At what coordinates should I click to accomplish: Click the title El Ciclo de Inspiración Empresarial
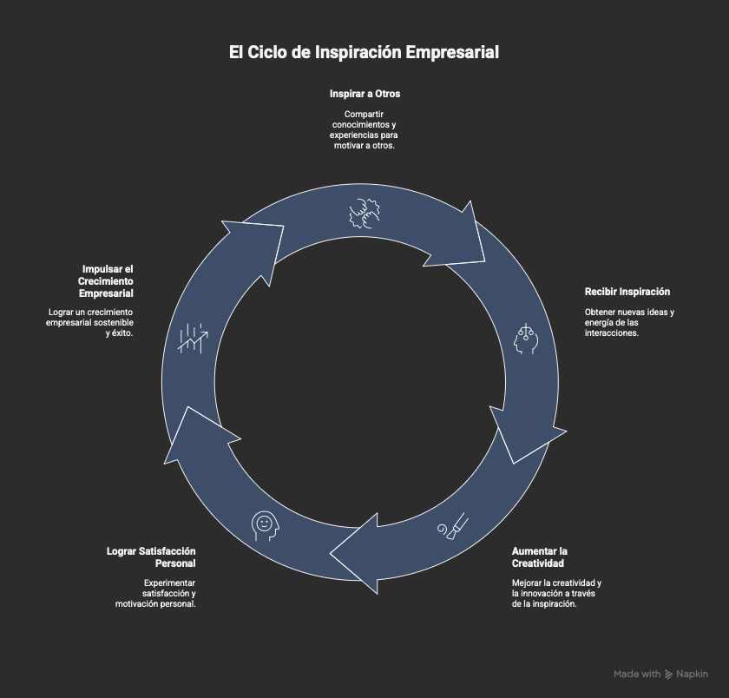tap(364, 53)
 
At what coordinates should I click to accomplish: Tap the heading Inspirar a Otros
tap(364, 94)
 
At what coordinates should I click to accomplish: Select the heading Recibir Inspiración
tap(627, 292)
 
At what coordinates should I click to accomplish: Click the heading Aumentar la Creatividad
tap(539, 557)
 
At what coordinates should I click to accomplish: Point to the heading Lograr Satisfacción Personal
tap(151, 557)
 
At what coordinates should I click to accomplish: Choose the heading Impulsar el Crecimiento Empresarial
tap(108, 281)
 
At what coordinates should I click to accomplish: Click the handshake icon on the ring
tap(365, 214)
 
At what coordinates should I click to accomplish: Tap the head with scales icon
tap(526, 339)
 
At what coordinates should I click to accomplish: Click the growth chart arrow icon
tap(193, 338)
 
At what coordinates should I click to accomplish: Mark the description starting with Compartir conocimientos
tap(364, 130)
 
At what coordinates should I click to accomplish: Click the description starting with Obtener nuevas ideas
tap(628, 322)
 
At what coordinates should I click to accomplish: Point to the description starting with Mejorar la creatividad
tap(555, 594)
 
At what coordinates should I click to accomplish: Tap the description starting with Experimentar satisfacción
tap(156, 594)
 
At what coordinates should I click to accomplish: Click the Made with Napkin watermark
tap(660, 674)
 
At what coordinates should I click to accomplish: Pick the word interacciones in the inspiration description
tap(612, 333)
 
